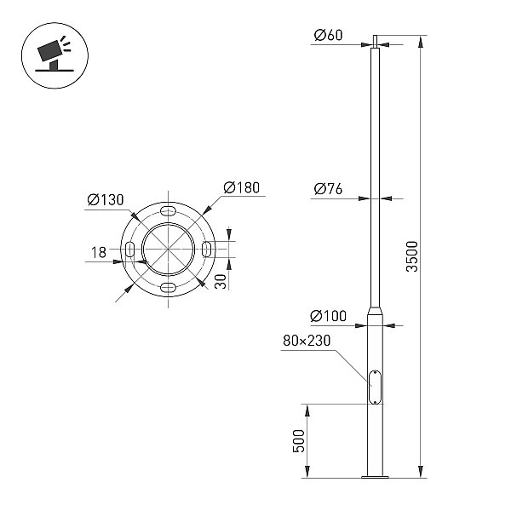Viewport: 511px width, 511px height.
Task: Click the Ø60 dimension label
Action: [x=328, y=35]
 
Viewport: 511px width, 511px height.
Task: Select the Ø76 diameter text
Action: [x=328, y=189]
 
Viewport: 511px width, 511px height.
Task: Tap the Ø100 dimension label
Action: [x=328, y=316]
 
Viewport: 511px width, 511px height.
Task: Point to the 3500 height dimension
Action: [x=412, y=256]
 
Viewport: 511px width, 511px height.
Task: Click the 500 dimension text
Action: [x=299, y=441]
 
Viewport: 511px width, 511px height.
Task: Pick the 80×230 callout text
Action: [x=307, y=341]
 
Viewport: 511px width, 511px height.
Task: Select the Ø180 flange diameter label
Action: [x=242, y=187]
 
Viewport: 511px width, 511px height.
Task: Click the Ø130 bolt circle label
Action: [x=106, y=200]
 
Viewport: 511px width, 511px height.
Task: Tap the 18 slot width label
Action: [x=99, y=252]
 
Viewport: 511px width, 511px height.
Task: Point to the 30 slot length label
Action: [x=221, y=281]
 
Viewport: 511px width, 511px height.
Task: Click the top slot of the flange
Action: [x=168, y=210]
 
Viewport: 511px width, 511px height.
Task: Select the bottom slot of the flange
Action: [x=168, y=288]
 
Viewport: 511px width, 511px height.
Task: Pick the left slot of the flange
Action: [x=129, y=250]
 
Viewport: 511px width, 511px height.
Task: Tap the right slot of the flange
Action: [x=207, y=250]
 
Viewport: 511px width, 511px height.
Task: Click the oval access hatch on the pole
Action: [x=375, y=387]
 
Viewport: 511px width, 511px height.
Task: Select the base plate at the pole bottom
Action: [x=375, y=477]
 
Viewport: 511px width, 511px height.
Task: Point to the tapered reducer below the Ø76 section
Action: [x=375, y=310]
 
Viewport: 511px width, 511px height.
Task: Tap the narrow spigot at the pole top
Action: [x=375, y=42]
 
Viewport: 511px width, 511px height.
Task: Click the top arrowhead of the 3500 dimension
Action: [x=421, y=43]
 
